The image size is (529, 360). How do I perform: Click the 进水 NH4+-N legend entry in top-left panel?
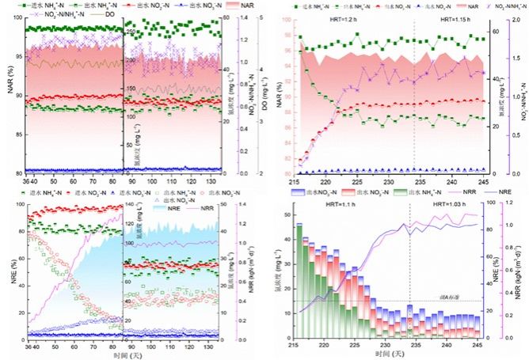[x=47, y=6]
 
